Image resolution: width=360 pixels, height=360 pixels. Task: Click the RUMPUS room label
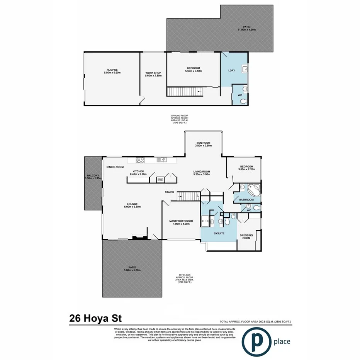coord(112,70)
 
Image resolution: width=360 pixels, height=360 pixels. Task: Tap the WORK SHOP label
coord(153,73)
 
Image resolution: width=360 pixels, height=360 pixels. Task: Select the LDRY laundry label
coord(232,70)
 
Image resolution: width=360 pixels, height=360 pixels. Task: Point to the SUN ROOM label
coord(203,143)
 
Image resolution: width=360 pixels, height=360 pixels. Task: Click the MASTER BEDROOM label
coord(182,221)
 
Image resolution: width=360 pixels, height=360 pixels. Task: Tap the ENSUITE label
coord(219,233)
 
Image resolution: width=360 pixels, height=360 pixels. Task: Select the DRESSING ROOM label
coord(246,236)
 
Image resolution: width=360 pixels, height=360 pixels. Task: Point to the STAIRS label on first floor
coord(169,192)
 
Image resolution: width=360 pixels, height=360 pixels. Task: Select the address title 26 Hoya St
coord(95,319)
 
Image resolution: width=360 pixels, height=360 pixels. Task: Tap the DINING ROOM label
coord(115,167)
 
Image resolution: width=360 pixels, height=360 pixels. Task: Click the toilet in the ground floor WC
coord(243,102)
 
